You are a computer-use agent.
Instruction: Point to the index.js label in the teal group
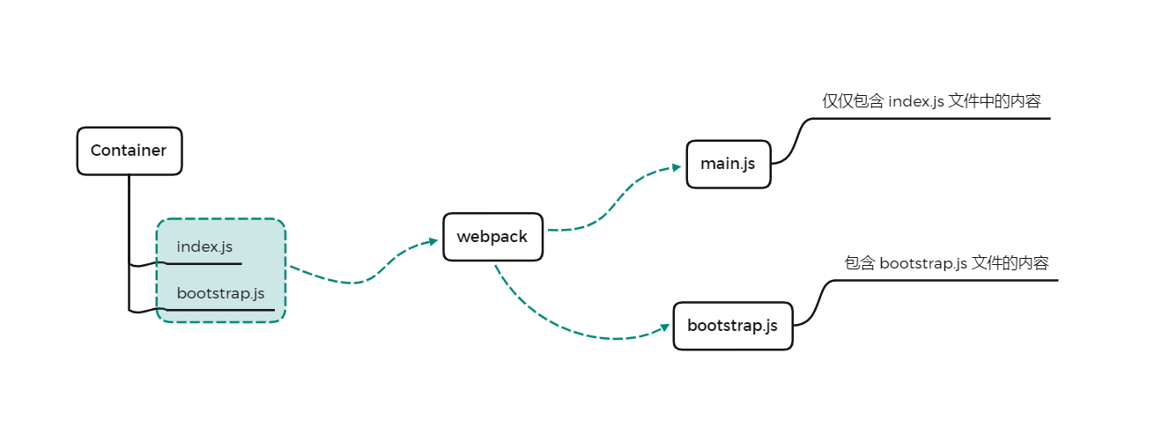coord(204,246)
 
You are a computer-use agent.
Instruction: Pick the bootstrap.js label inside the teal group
coord(220,293)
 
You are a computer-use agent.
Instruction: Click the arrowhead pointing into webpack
coord(433,241)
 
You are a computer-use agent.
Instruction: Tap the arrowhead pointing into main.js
coord(676,167)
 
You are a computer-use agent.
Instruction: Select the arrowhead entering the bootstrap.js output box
coord(664,327)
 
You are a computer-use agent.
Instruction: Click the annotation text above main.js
coord(931,101)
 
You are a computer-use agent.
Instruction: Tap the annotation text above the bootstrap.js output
coord(946,263)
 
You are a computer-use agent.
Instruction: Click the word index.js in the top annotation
coord(916,101)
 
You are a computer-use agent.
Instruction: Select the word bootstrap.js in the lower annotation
coord(923,263)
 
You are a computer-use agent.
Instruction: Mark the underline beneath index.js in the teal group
coord(204,264)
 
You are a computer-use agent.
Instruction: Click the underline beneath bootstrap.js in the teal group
coord(220,310)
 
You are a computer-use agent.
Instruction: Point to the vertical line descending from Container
coord(129,243)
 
